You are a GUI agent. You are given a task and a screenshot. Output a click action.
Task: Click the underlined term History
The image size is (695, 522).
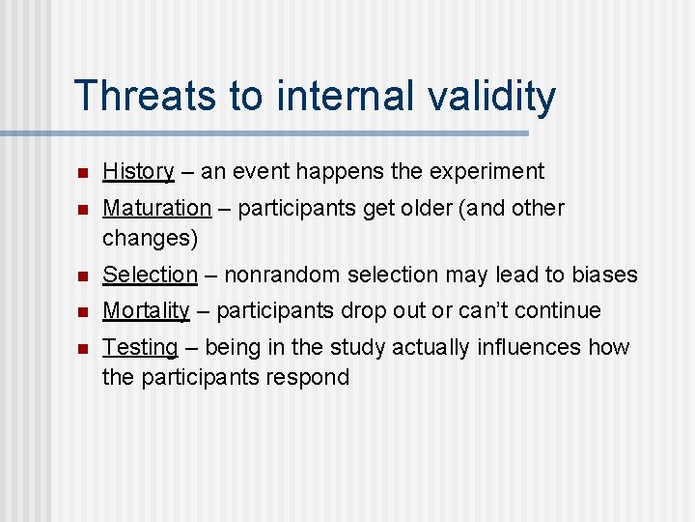(x=138, y=172)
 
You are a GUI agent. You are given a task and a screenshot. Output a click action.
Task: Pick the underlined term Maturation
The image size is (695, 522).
(x=156, y=208)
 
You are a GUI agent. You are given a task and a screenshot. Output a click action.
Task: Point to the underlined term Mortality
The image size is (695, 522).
(x=146, y=310)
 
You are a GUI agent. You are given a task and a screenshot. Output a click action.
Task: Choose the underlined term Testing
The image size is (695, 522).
(x=140, y=347)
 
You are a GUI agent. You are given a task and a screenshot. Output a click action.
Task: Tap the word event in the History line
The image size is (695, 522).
(x=261, y=172)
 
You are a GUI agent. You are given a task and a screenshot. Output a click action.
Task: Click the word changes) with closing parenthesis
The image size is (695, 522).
(x=150, y=237)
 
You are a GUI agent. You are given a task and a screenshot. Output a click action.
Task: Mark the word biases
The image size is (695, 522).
(x=605, y=275)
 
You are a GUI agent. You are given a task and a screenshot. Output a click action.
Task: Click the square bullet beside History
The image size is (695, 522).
(x=83, y=173)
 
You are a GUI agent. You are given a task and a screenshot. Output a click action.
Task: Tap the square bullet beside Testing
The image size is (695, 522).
(x=83, y=348)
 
